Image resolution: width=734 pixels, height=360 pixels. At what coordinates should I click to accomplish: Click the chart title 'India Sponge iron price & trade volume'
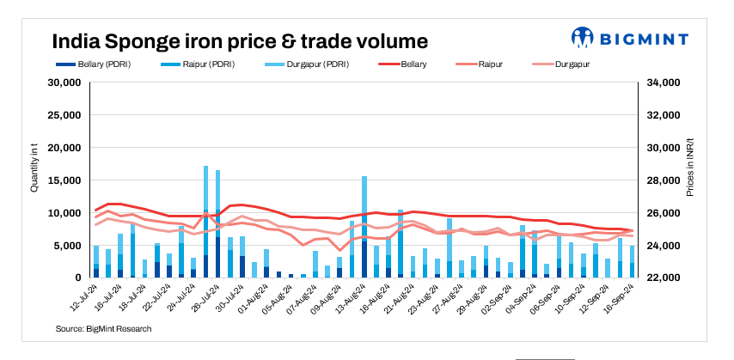point(240,40)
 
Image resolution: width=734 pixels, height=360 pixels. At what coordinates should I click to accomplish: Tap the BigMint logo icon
point(583,38)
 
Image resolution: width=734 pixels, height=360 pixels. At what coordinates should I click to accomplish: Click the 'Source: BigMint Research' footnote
point(103,329)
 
